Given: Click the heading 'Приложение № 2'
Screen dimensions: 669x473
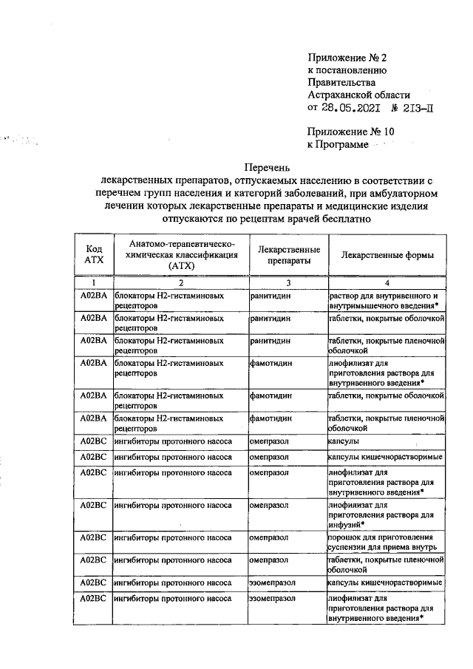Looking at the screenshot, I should (x=346, y=57).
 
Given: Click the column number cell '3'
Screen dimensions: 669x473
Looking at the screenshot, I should (x=289, y=282).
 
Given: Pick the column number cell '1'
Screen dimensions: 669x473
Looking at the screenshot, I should (x=94, y=282).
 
